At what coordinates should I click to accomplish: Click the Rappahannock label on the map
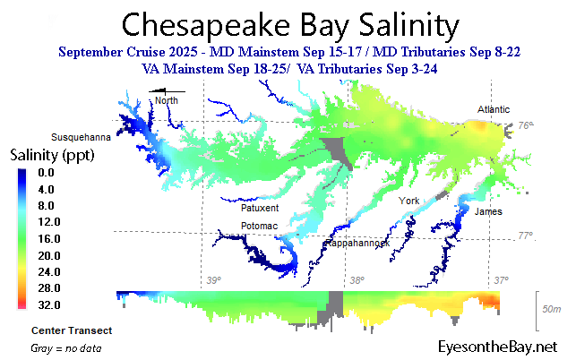click(x=356, y=243)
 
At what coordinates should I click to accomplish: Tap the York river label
click(x=410, y=201)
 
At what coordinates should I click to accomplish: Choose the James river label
click(x=488, y=211)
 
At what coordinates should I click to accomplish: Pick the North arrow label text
click(x=167, y=100)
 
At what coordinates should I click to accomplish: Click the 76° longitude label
click(x=526, y=127)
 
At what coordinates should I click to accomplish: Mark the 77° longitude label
click(x=526, y=236)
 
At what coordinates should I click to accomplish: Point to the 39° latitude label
click(x=213, y=281)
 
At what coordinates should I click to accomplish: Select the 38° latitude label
click(x=356, y=281)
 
